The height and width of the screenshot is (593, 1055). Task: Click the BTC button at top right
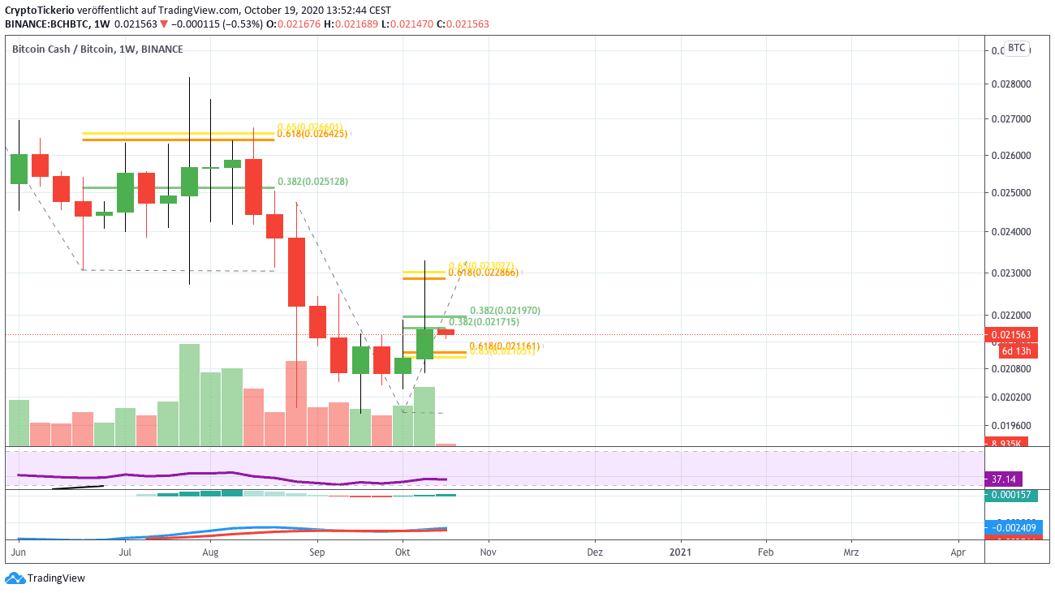tap(1017, 48)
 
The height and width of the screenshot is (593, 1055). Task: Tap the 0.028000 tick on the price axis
tap(1011, 84)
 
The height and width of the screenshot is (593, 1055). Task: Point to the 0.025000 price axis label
tap(1011, 193)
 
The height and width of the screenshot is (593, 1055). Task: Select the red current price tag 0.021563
tap(1007, 334)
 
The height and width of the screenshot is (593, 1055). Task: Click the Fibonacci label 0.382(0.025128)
tap(312, 182)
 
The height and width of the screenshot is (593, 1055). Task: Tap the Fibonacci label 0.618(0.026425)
tap(312, 134)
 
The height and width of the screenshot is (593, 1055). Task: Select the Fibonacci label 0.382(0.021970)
tap(505, 311)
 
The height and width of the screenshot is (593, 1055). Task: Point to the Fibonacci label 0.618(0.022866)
tap(483, 273)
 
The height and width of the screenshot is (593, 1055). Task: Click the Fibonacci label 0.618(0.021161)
tap(504, 346)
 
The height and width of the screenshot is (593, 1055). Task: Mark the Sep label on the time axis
tap(316, 552)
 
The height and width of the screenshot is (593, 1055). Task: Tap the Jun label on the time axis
tap(16, 552)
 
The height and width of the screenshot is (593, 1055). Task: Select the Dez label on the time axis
tap(594, 552)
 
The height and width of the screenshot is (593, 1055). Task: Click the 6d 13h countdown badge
tap(1015, 351)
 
